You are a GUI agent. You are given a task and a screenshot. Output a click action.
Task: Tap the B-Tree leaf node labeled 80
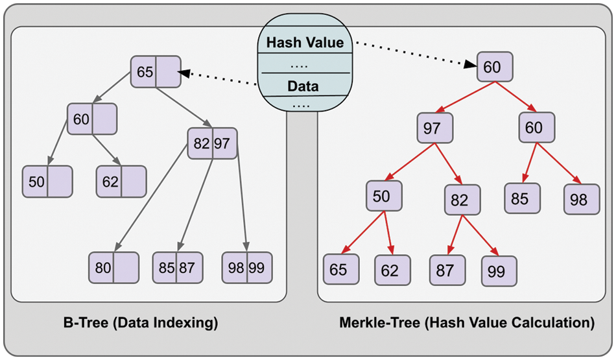[113, 268]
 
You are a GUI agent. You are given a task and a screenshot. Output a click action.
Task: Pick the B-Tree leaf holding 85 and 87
[177, 268]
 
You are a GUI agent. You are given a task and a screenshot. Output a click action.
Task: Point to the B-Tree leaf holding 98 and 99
[247, 268]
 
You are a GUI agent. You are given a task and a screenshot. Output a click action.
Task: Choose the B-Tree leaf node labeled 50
[47, 182]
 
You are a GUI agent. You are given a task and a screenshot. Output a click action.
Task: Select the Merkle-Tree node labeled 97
[432, 128]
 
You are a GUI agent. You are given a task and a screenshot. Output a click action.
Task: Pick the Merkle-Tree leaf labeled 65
[338, 269]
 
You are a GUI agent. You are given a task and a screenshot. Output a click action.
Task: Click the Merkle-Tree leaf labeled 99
[499, 270]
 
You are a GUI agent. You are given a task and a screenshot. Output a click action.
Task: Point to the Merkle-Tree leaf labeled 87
[445, 269]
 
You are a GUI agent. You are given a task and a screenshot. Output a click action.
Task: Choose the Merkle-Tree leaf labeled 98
[580, 200]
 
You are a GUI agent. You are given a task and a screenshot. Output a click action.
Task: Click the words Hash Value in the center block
[305, 43]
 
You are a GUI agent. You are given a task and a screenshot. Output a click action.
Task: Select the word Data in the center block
[303, 86]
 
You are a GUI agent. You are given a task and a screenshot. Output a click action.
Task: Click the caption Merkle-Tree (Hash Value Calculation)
[467, 322]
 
